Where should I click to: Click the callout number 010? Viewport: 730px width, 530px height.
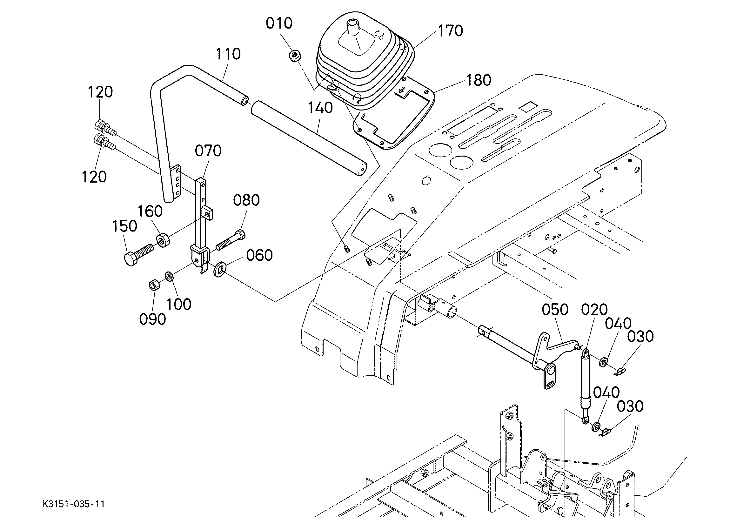pos(279,23)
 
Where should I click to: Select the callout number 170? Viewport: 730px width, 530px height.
pos(450,31)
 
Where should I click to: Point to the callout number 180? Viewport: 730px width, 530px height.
pos(479,80)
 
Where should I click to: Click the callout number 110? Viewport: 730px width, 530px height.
pos(228,54)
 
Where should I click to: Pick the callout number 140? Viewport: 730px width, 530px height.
pos(320,108)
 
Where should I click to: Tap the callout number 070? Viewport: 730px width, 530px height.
pos(208,151)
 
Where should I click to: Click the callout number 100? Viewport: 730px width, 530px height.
pos(179,304)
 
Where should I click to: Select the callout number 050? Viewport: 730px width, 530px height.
pos(555,310)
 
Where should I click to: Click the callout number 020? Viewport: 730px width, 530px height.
pos(594,310)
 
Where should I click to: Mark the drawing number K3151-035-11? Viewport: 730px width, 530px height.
pos(74,504)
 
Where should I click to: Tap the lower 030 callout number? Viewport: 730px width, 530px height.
pos(630,406)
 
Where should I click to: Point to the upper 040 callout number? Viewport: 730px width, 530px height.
pos(618,324)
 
